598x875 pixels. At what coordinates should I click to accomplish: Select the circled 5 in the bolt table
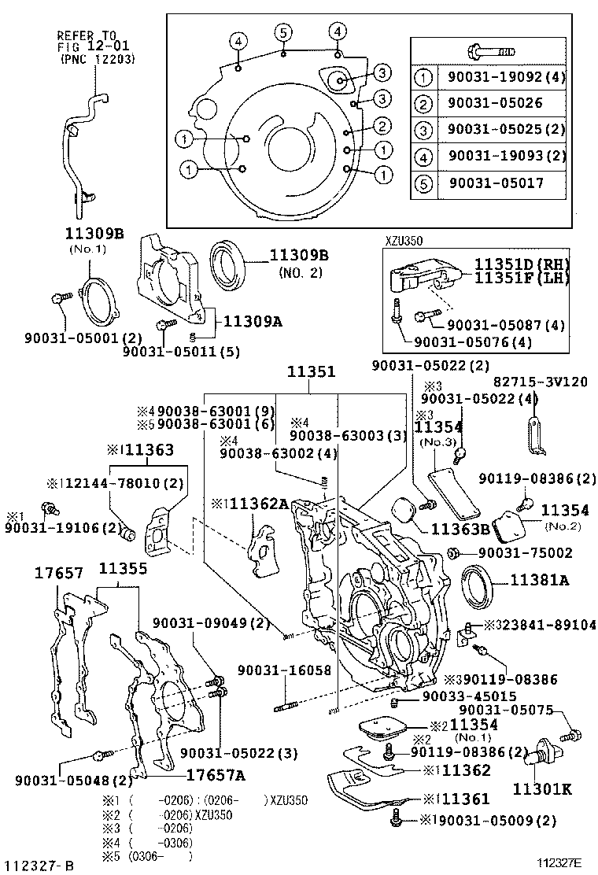[424, 183]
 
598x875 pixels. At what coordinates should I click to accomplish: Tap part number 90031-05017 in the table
[496, 183]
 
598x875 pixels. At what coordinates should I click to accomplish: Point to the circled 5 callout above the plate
[283, 32]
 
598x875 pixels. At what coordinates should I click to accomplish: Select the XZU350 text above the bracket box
[404, 242]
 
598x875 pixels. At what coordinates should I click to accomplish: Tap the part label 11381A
[539, 581]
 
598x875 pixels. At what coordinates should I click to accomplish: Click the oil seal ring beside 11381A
[478, 584]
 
